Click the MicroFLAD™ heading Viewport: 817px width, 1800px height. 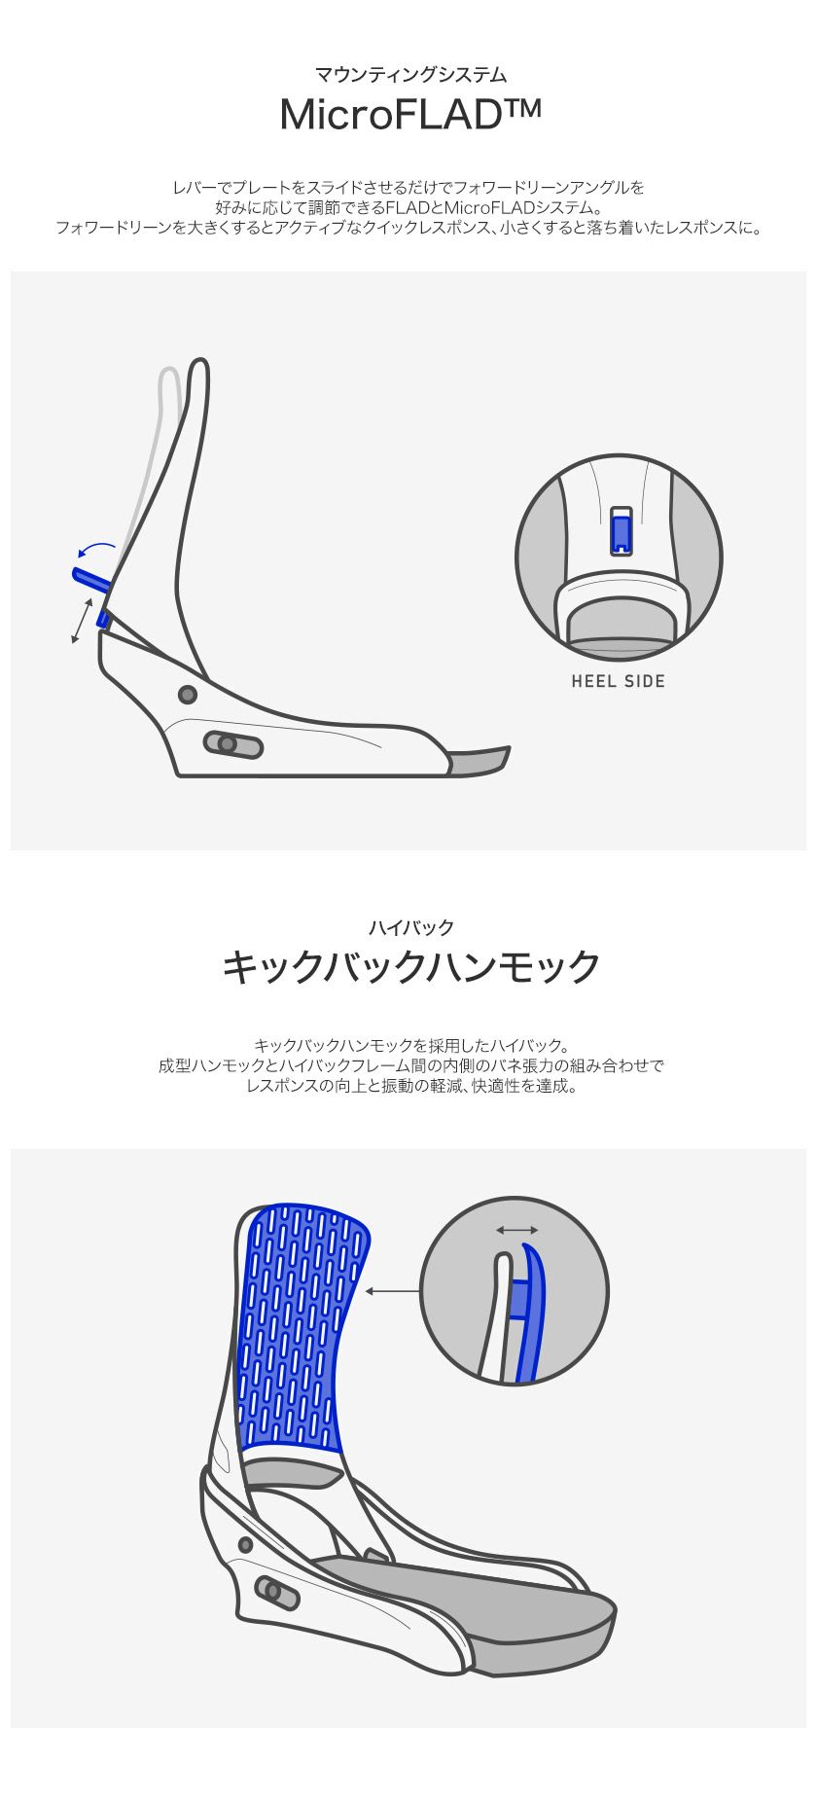[x=408, y=115]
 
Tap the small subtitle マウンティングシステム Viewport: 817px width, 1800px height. [x=409, y=74]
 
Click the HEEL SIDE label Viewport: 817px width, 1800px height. [x=619, y=681]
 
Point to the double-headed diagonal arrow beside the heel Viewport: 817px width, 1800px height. [x=83, y=620]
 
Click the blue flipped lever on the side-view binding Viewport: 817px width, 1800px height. [x=90, y=579]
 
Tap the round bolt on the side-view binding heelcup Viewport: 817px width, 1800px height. [x=188, y=695]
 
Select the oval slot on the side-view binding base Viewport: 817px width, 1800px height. [x=233, y=744]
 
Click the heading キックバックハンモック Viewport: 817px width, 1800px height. [x=409, y=966]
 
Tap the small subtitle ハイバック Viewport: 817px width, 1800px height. [x=409, y=927]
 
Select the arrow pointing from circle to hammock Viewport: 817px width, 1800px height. [x=393, y=1292]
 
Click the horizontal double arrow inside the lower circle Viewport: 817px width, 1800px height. [x=516, y=1231]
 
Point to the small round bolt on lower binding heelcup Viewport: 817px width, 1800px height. [x=245, y=1544]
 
